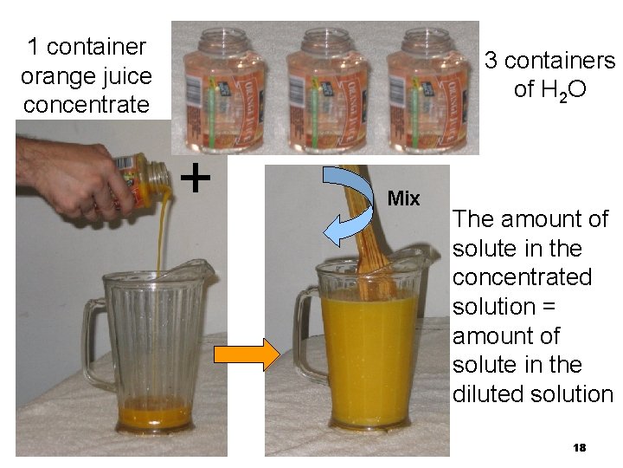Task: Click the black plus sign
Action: [197, 179]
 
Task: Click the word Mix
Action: [403, 198]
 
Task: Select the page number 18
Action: [580, 447]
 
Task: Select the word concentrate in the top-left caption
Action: [86, 106]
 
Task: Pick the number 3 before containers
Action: [491, 61]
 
